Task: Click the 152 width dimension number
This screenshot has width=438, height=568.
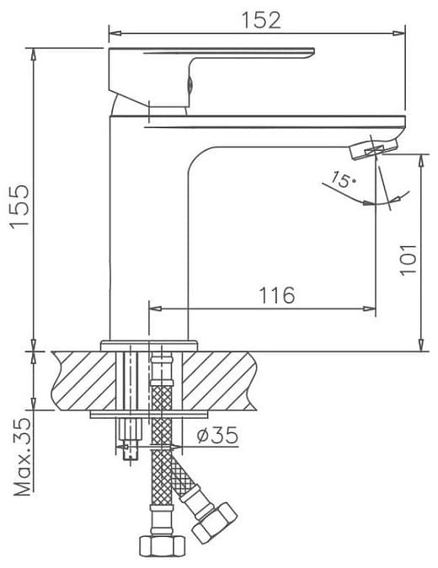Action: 261,20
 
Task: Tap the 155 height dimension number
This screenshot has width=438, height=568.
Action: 19,206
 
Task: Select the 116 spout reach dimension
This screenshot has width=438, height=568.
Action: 277,295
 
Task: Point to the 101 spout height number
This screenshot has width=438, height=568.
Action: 409,260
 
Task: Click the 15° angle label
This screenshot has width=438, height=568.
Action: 343,179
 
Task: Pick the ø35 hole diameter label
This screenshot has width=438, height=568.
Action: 217,435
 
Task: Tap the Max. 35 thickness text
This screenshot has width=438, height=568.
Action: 23,457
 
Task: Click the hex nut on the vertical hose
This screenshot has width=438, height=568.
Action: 163,546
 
